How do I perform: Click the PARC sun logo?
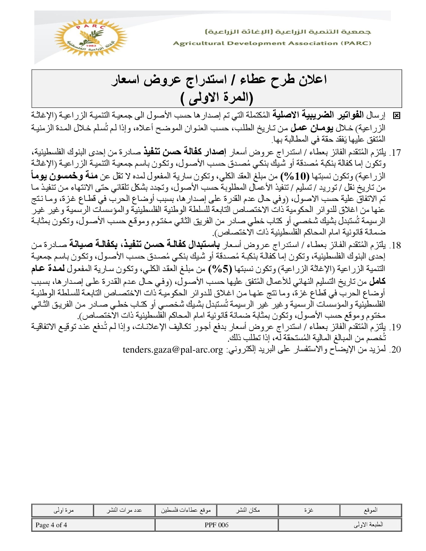point(91,38)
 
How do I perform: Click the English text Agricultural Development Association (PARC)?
point(272,43)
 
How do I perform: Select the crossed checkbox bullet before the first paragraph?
point(396,116)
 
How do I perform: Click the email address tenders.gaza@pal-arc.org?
point(173,350)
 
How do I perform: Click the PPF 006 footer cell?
point(217,525)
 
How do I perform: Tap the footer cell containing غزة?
point(309,510)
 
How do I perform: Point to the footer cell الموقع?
point(370,510)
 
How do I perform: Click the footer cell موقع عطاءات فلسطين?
point(186,510)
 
